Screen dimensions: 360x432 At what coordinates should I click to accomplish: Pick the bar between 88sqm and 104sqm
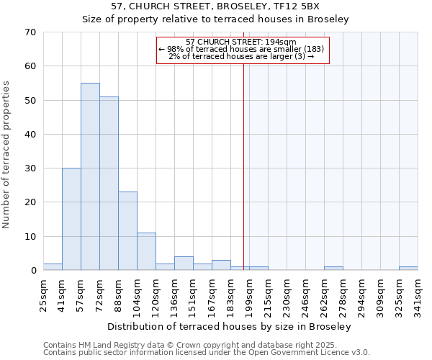click(x=127, y=231)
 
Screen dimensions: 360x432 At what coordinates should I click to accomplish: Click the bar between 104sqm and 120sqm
click(x=146, y=251)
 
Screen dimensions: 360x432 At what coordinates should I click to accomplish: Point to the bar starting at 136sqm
click(x=184, y=264)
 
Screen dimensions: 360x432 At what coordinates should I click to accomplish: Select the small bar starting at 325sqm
click(x=408, y=269)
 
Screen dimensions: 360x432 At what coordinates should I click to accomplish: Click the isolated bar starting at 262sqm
click(x=333, y=269)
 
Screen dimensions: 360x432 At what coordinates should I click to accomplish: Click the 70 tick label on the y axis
click(x=30, y=32)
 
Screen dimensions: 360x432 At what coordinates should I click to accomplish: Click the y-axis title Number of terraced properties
click(x=7, y=154)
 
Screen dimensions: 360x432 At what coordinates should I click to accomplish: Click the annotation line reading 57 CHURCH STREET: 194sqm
click(x=242, y=42)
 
